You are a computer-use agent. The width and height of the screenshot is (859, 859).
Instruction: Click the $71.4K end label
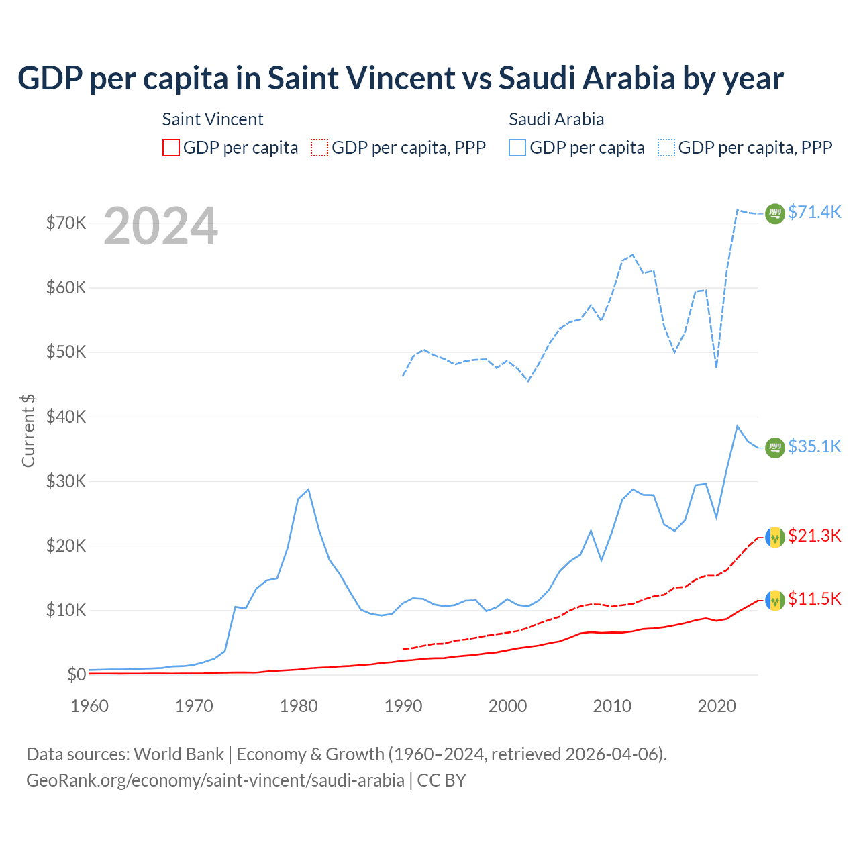coord(814,212)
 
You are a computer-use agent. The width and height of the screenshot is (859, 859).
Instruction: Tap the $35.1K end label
coord(814,446)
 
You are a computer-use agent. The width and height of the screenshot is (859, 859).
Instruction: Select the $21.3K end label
coord(814,536)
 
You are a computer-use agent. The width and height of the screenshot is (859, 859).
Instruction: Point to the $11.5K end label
coord(814,599)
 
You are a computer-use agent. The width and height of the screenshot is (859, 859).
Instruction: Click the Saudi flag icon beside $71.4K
coord(775,213)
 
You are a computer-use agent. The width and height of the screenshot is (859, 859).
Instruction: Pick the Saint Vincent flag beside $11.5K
coord(775,599)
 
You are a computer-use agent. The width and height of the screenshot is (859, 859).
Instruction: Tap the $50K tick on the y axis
coord(66,352)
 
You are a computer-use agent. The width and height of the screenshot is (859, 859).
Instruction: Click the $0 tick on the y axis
coord(76,674)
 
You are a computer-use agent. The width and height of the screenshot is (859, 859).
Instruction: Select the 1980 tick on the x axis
coord(299,706)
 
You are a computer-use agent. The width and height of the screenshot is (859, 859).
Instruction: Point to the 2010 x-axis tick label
coord(612,706)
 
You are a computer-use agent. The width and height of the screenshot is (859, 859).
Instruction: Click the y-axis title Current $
coord(28,430)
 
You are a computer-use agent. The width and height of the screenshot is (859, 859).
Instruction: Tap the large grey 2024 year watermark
coord(160,226)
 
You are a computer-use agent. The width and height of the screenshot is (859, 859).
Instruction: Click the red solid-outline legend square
coord(171,148)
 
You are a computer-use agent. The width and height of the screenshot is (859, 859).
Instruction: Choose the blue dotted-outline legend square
coord(666,148)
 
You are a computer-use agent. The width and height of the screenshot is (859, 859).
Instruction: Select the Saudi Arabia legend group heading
coord(556,119)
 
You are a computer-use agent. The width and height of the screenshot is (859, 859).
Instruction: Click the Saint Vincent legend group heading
coord(213,119)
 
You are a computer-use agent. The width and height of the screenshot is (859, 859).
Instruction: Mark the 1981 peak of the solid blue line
coord(308,489)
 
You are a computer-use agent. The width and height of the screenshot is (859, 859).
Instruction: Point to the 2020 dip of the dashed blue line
coord(717,367)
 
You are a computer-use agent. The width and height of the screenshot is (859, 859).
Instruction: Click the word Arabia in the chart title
coord(629,78)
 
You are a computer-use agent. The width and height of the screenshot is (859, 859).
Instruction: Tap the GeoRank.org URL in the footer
coord(215,780)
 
